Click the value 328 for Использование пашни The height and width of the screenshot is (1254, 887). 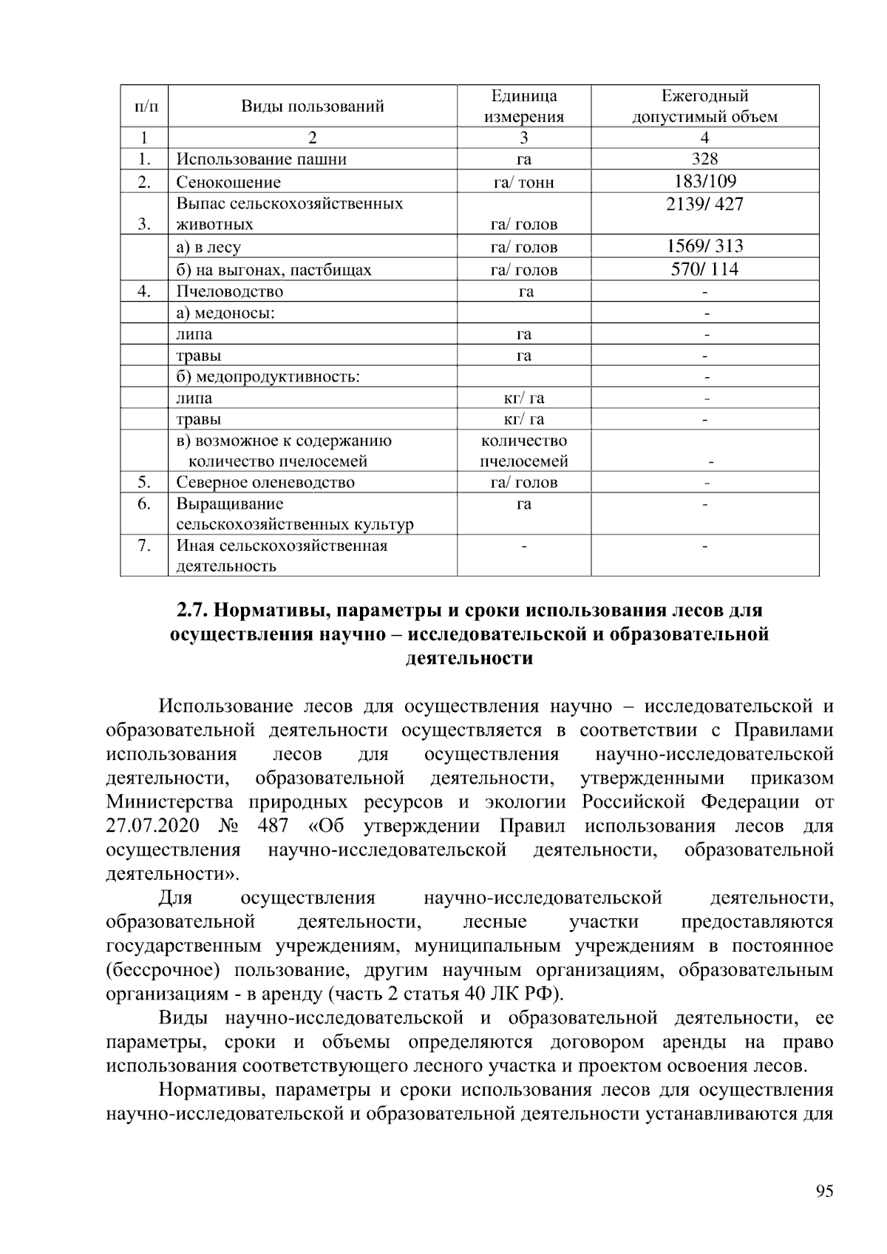(x=704, y=159)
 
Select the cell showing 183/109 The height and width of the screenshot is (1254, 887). (x=704, y=182)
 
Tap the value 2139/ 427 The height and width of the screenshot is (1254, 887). (x=704, y=204)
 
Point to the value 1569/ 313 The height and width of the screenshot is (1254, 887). (x=704, y=246)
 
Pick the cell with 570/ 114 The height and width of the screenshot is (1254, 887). (x=704, y=269)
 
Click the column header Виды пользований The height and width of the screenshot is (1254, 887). (x=313, y=106)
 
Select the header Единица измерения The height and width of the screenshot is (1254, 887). (x=523, y=106)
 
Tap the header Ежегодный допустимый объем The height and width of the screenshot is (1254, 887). (x=704, y=106)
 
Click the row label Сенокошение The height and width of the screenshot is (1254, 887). (x=228, y=183)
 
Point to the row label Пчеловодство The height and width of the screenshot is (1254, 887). (x=229, y=291)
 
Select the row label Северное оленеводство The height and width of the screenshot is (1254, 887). (x=265, y=483)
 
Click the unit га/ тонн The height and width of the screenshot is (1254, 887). (x=523, y=183)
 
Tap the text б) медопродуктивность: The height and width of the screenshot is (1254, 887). (x=268, y=377)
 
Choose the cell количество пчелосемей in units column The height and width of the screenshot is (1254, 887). (x=523, y=451)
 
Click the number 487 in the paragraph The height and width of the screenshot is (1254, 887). (x=273, y=826)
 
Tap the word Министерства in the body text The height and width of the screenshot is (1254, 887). (x=169, y=802)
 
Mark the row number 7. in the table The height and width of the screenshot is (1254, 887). (x=143, y=546)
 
